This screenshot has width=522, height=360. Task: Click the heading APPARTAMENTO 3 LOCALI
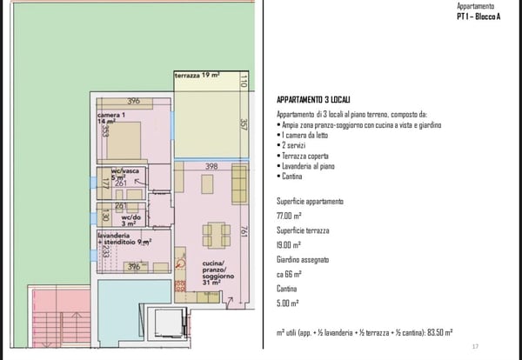tap(313, 100)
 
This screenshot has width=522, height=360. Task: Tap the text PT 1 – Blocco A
tap(478, 17)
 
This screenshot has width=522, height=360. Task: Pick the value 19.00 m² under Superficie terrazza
tap(289, 245)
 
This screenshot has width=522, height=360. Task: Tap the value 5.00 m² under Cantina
tap(288, 303)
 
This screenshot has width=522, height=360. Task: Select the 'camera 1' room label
tap(110, 115)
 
